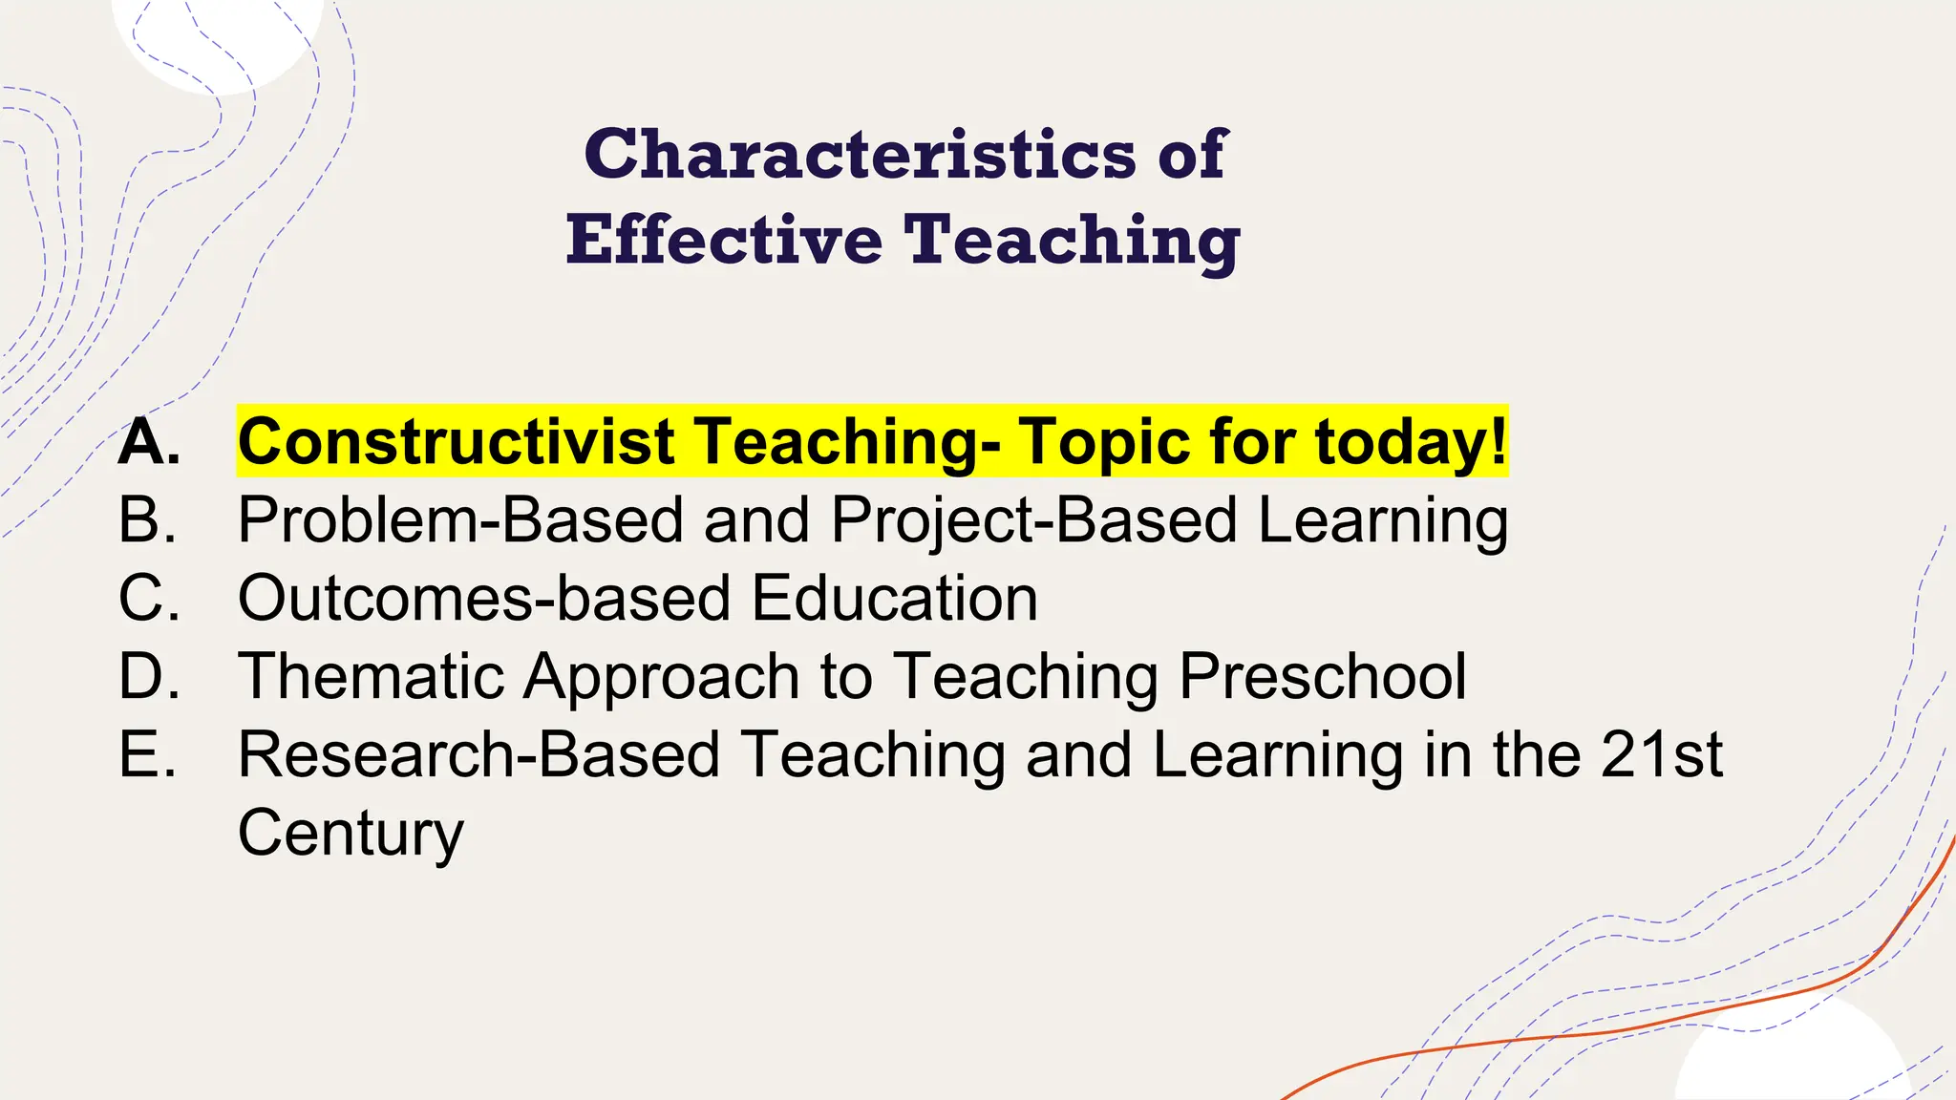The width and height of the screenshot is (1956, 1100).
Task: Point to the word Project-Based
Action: click(x=1034, y=520)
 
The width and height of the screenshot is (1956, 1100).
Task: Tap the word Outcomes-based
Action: click(x=484, y=599)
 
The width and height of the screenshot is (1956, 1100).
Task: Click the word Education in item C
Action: click(x=895, y=599)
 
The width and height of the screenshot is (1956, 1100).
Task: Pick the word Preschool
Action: click(x=1323, y=677)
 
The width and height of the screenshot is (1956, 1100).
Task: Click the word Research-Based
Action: click(x=478, y=755)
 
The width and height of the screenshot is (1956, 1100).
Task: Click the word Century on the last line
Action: click(x=351, y=834)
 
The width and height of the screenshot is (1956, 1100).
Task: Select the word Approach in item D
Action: click(x=662, y=677)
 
